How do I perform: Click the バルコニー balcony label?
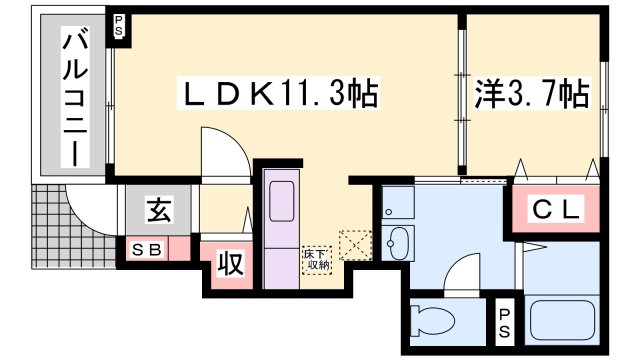pyautogui.click(x=74, y=96)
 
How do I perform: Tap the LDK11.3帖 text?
pyautogui.click(x=277, y=95)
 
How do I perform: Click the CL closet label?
pyautogui.click(x=556, y=210)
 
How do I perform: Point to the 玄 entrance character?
pyautogui.click(x=159, y=211)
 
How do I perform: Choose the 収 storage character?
pyautogui.click(x=228, y=266)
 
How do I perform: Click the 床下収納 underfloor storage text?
pyautogui.click(x=317, y=261)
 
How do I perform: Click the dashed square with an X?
pyautogui.click(x=355, y=246)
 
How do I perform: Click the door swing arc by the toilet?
pyautogui.click(x=462, y=272)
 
